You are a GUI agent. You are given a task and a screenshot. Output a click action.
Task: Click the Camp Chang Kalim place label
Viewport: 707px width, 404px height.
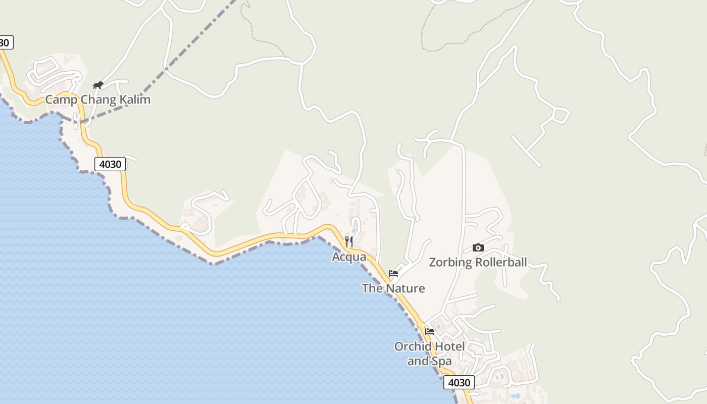click(98, 99)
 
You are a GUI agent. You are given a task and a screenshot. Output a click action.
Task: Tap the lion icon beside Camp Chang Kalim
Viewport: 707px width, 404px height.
click(98, 85)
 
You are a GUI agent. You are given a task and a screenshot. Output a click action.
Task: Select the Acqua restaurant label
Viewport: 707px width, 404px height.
click(349, 257)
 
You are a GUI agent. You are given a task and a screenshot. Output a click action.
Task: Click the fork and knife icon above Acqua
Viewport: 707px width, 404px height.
click(349, 242)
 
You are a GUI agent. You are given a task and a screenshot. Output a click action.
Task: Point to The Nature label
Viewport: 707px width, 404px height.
click(393, 288)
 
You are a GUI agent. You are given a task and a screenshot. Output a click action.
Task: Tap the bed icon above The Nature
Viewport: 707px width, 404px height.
click(393, 274)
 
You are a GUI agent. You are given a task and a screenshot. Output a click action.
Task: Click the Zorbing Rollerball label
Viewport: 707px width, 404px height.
click(478, 262)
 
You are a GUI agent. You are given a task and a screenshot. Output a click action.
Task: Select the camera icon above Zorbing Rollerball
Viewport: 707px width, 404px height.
click(478, 247)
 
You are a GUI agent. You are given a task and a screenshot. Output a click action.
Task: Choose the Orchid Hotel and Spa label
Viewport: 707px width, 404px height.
click(430, 353)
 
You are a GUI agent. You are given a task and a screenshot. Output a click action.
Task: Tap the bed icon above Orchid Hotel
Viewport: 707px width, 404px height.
click(430, 332)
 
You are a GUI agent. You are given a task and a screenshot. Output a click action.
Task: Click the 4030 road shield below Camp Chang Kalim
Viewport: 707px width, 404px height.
click(110, 164)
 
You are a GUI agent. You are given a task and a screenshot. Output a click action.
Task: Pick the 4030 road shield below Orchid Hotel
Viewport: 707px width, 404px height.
click(459, 382)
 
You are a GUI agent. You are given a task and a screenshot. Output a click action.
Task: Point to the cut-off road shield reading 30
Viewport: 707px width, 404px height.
click(5, 42)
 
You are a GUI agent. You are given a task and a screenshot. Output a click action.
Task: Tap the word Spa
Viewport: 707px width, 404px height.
click(441, 361)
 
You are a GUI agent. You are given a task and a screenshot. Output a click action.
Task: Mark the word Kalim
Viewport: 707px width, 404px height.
click(134, 99)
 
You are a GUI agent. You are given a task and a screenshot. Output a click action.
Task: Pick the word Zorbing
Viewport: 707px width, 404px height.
click(446, 262)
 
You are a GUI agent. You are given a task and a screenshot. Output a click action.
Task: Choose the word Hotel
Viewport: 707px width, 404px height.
click(442, 346)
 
